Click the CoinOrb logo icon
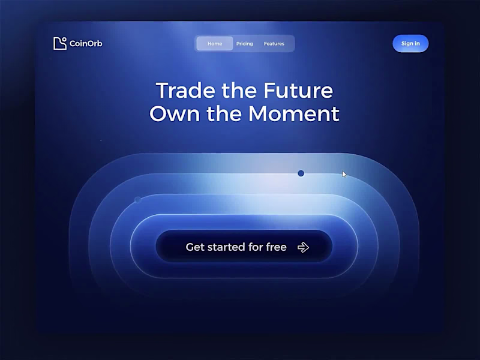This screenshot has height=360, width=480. coord(59,43)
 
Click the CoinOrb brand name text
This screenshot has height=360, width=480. coord(86,44)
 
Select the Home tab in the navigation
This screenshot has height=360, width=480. coord(215,44)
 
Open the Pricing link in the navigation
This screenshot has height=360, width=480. coord(244,44)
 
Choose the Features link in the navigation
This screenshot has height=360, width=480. coord(274,44)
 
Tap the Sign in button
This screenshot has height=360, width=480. coord(410,44)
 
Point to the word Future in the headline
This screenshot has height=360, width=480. coord(298,91)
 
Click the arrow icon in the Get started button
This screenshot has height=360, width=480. coord(303,247)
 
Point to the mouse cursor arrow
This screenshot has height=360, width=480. coord(344,174)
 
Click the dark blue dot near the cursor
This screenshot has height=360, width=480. coord(301,173)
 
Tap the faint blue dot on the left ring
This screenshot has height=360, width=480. coord(138,200)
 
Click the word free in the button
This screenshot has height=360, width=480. coord(275,247)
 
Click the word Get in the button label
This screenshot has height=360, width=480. coord(194,247)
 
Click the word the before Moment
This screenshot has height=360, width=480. coord(224,113)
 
